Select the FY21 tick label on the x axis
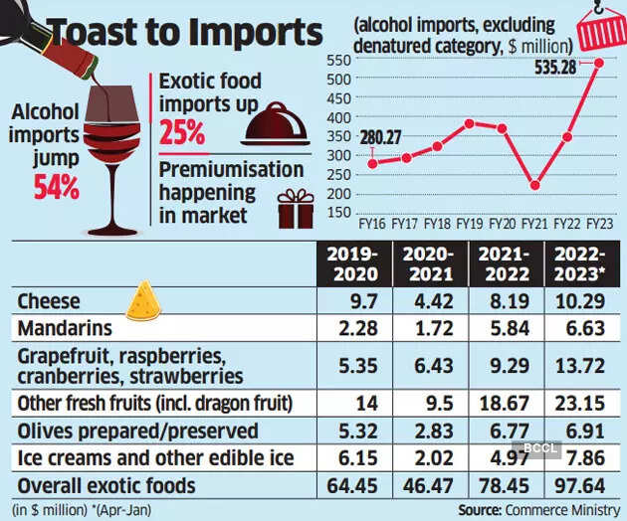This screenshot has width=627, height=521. point(534,224)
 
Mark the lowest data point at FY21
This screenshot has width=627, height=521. point(535,186)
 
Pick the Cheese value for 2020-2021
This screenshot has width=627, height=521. point(429,299)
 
